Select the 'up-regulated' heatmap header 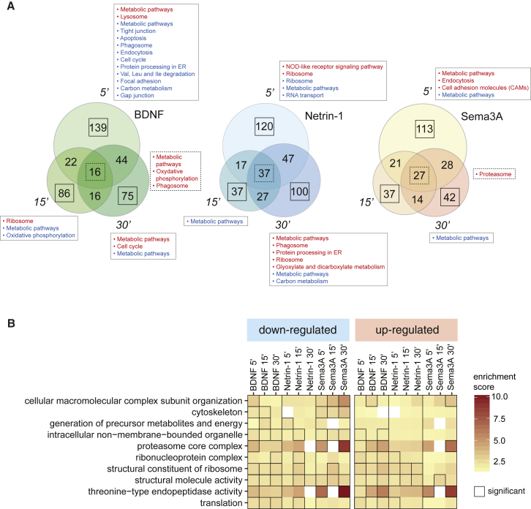407,328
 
